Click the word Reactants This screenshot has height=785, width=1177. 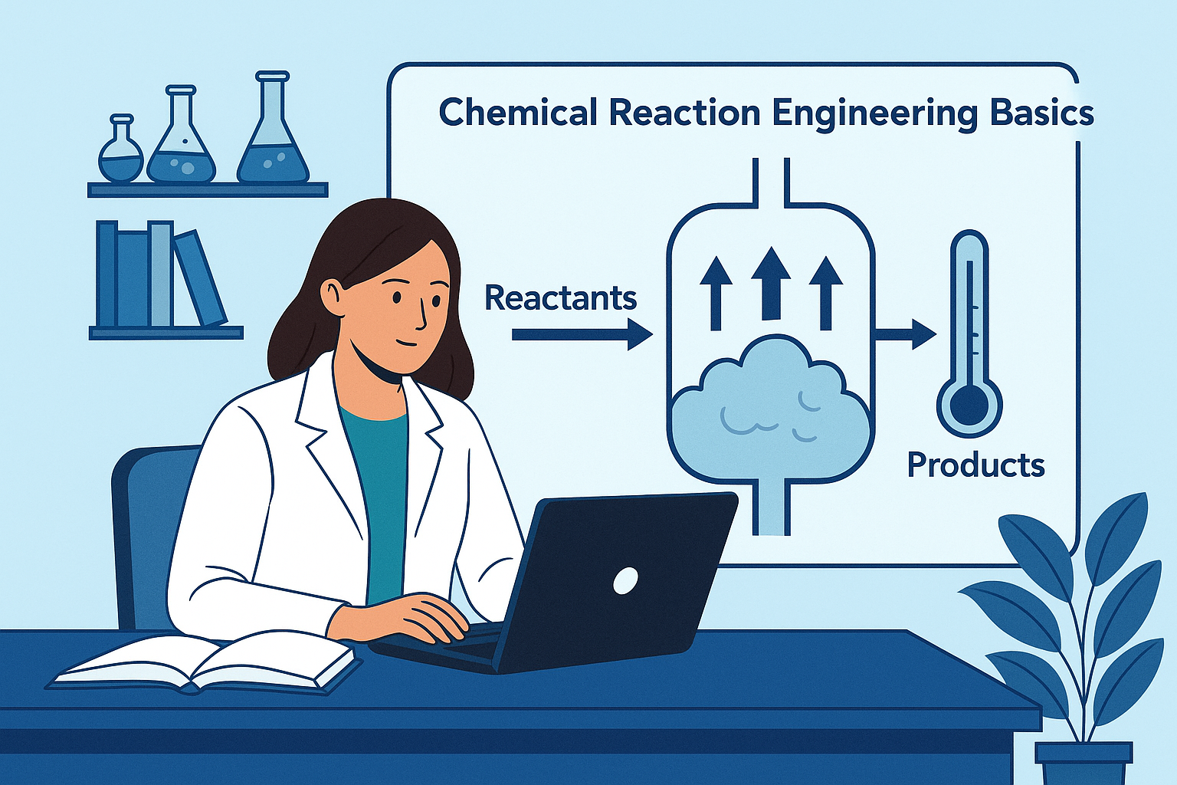click(x=561, y=297)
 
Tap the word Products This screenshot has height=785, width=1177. click(x=975, y=465)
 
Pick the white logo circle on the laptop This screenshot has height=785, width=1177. click(x=625, y=580)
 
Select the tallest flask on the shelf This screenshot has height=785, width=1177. click(x=273, y=134)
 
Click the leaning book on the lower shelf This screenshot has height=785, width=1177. click(x=201, y=277)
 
